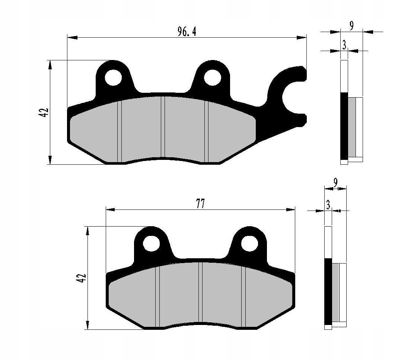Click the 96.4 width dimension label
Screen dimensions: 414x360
187,32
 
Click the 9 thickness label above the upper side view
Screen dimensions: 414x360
351,26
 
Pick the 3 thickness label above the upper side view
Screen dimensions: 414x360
344,45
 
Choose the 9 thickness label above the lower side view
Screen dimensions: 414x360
335,182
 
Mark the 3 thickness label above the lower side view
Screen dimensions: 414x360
328,205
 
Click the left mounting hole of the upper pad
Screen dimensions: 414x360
113,78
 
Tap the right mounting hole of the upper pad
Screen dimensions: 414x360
213,78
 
